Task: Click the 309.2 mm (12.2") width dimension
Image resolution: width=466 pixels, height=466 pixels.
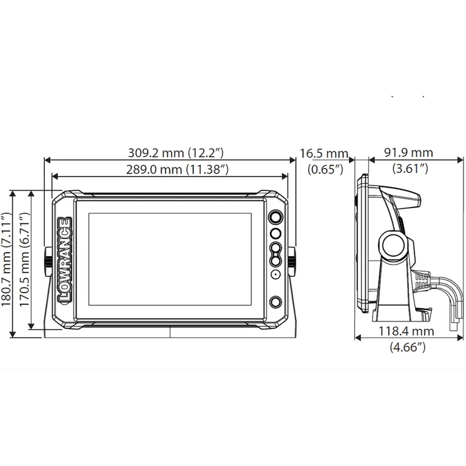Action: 175,153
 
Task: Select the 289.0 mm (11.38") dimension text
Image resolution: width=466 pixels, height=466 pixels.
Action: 177,170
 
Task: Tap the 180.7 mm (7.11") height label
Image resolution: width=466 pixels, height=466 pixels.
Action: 6,259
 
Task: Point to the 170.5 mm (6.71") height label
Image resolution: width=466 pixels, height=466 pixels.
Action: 24,259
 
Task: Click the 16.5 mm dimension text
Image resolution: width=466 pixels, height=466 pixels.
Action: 323,154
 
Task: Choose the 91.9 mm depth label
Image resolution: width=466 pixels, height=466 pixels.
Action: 408,153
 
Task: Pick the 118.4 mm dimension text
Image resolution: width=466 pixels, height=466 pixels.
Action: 407,331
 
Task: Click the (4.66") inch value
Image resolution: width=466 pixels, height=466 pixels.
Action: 408,347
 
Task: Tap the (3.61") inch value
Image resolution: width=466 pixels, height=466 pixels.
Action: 410,169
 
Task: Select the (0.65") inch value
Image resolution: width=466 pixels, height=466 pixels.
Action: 325,170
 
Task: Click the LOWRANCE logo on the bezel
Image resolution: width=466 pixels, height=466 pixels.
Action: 65,260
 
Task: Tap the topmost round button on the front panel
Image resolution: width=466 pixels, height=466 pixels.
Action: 275,217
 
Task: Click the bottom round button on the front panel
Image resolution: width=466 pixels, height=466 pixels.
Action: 275,302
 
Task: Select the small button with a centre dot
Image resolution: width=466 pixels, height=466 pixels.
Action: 276,274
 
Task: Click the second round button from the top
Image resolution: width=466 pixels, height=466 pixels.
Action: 275,233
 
